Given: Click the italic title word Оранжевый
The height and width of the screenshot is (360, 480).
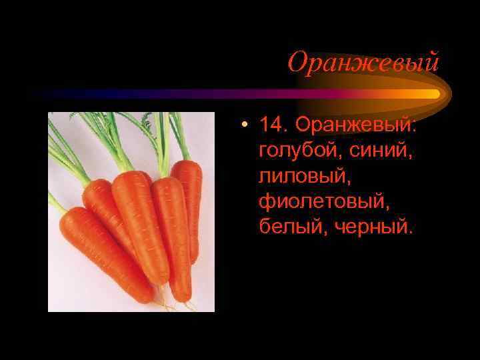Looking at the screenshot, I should click(363, 63).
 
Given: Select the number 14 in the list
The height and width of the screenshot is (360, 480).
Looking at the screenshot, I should click(272, 125).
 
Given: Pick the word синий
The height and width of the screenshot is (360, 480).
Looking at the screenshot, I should click(381, 151).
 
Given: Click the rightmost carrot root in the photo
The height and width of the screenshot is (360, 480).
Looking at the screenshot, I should click(189, 200).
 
